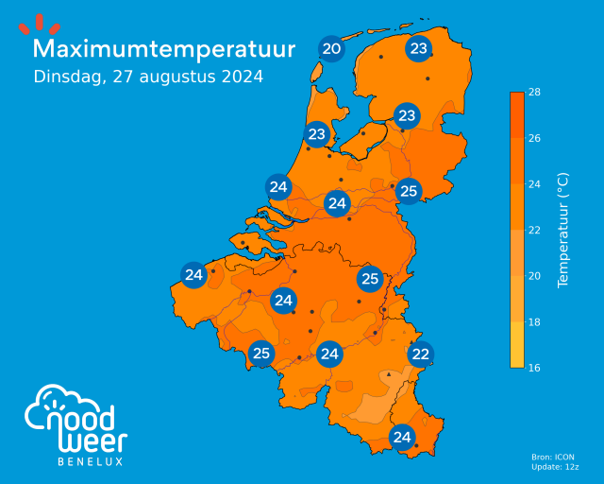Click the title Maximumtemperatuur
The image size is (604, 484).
[x=163, y=49]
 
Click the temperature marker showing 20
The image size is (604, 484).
[x=331, y=49]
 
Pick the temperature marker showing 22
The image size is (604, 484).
[x=421, y=354]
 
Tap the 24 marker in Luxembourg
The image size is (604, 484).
[x=402, y=437]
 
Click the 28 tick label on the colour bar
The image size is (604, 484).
[x=533, y=93]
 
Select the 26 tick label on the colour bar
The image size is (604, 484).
[x=533, y=138]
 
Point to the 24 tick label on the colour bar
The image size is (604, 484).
[x=533, y=183]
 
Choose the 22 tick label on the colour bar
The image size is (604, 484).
[x=533, y=230]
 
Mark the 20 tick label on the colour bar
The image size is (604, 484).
[x=533, y=275]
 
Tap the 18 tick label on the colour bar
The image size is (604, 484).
[x=533, y=321]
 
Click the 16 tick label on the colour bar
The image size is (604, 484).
[x=533, y=367]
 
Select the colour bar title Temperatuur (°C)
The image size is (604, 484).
[x=563, y=230]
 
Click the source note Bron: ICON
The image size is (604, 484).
[x=553, y=458]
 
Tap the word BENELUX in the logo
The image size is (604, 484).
[x=91, y=462]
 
